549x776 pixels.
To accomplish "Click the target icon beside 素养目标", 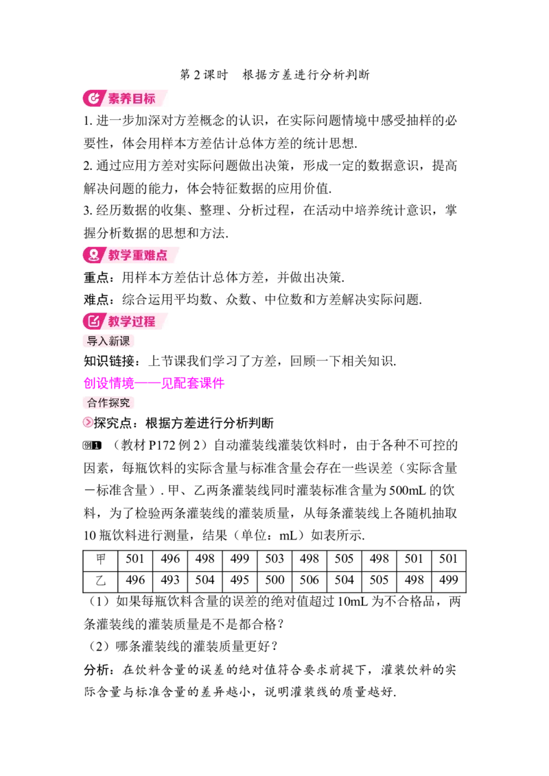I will (x=93, y=98).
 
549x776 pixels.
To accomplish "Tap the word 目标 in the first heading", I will (x=144, y=99).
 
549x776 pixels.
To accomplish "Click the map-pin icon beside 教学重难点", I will (x=93, y=255).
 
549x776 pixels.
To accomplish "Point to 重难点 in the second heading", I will (x=150, y=255).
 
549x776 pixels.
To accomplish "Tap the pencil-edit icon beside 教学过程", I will (x=93, y=321).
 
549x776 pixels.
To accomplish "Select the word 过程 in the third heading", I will (x=144, y=321).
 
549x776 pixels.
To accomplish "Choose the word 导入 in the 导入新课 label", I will (x=97, y=341).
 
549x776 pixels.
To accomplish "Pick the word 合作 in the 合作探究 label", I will (x=97, y=402).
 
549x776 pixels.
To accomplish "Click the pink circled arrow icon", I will (x=88, y=422).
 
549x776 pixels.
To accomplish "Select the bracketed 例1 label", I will (x=93, y=445).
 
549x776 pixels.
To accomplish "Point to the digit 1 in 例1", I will (x=97, y=445).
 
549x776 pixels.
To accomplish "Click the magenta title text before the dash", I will (x=106, y=383).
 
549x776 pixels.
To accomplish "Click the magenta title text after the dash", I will (x=192, y=383).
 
